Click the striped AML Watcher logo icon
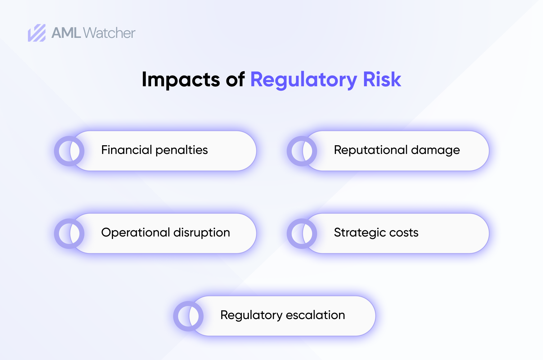pos(37,33)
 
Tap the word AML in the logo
pos(66,33)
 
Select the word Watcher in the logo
pos(109,33)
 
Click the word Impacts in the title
pos(181,79)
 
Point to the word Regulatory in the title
pos(303,80)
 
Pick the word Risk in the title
pos(382,79)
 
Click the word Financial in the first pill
pos(126,150)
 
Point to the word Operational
pos(136,233)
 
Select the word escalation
pos(315,315)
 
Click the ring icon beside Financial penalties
pos(69,151)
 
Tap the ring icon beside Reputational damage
pos(302,151)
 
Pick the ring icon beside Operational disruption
pos(69,234)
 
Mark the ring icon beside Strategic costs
pos(302,234)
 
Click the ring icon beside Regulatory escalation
pos(188,316)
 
